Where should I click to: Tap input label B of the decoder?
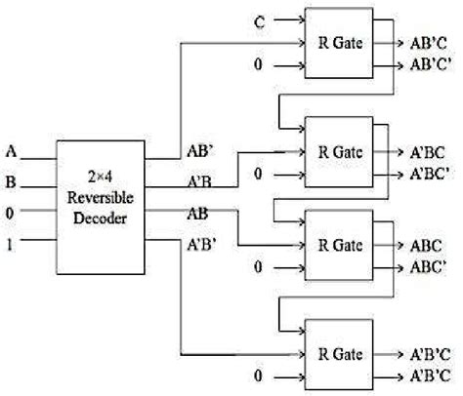(x=11, y=179)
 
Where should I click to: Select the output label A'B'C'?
(x=427, y=376)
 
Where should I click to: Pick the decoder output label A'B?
(x=200, y=180)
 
